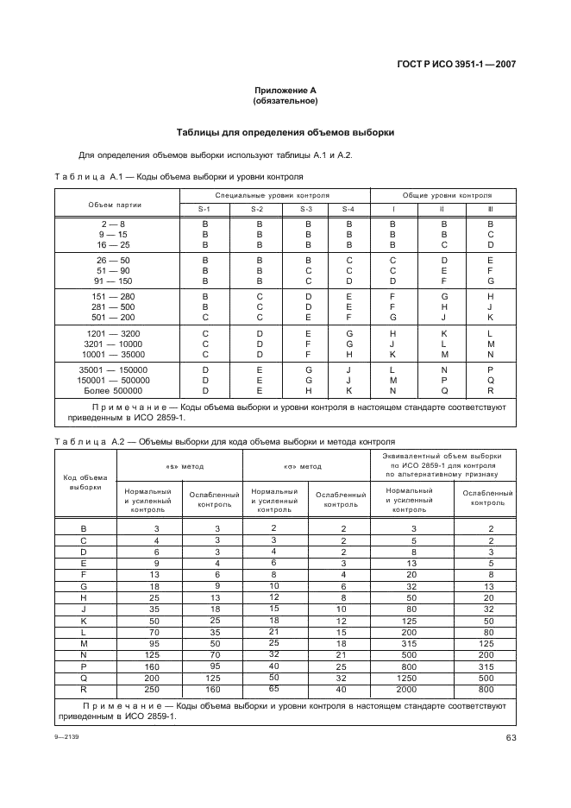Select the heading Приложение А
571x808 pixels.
[x=285, y=91]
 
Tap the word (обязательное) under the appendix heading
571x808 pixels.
[x=285, y=101]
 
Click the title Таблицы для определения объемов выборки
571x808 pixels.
[x=285, y=133]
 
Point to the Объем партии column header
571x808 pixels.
[x=114, y=204]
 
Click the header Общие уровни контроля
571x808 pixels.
[x=442, y=196]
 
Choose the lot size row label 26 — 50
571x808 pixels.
[x=114, y=259]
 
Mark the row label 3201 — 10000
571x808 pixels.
[x=114, y=343]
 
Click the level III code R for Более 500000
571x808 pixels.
[x=491, y=390]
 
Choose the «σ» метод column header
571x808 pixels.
[x=303, y=466]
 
